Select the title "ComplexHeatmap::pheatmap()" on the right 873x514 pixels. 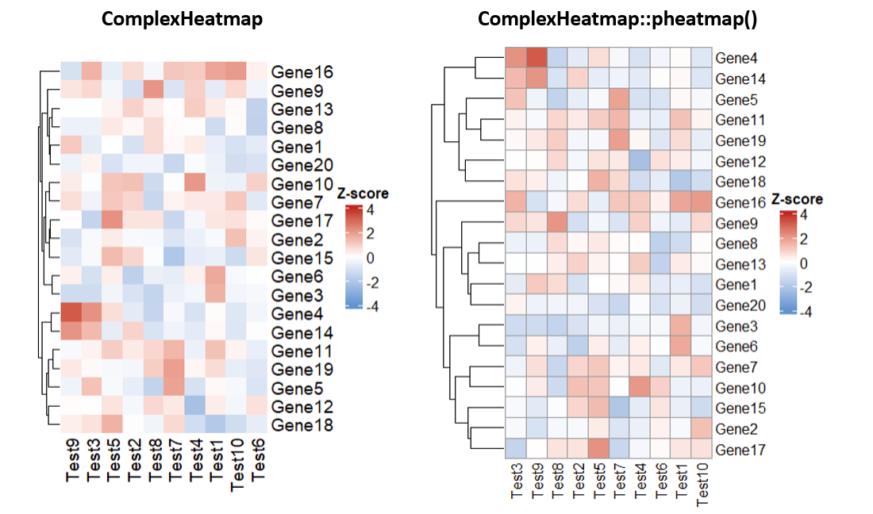coord(617,19)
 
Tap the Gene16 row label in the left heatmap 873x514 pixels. coord(301,72)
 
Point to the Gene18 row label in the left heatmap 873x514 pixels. coord(301,426)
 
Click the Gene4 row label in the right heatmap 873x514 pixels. coord(735,58)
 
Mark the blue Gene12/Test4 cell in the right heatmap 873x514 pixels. coord(640,161)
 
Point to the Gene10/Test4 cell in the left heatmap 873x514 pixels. coord(194,184)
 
